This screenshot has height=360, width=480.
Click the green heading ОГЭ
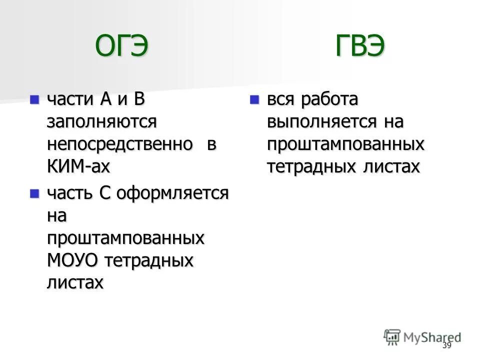tap(122, 47)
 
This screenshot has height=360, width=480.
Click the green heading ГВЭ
tap(359, 47)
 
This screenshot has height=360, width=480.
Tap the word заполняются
tap(102, 121)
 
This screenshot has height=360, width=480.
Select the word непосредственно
tap(120, 144)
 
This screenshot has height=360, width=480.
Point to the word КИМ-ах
tap(78, 166)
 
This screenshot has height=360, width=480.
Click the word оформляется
tap(173, 193)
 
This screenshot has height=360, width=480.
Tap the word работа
tap(329, 99)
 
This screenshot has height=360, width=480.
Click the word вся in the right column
tap(282, 99)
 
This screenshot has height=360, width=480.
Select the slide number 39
tap(446, 346)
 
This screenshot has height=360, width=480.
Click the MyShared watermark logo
tap(422, 337)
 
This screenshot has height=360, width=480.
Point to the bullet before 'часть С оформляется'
tap(34, 192)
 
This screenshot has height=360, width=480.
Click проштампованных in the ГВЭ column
tap(345, 144)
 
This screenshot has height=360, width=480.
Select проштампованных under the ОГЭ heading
tap(125, 238)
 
